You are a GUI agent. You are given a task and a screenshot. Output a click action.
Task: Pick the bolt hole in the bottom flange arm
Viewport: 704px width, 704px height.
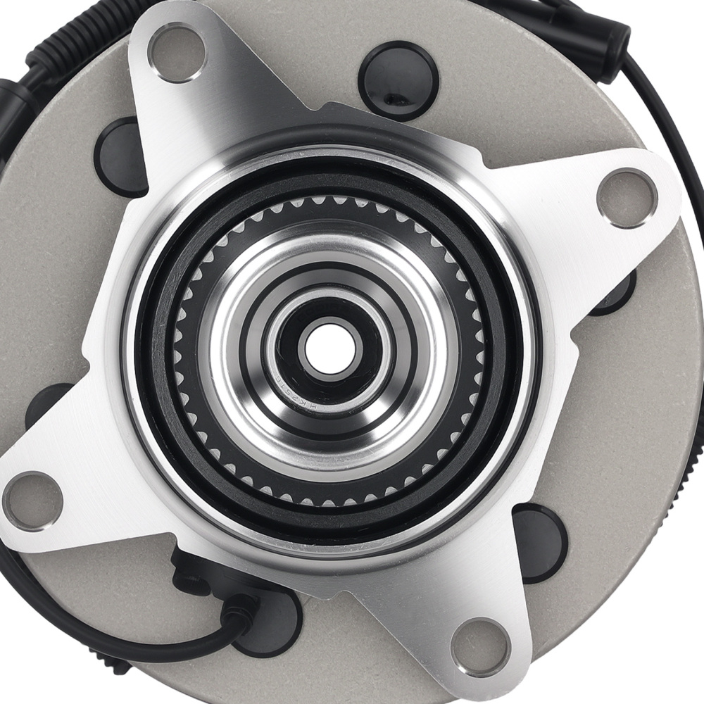click(481, 647)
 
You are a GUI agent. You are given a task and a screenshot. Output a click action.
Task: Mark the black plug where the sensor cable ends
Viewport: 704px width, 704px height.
click(271, 620)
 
